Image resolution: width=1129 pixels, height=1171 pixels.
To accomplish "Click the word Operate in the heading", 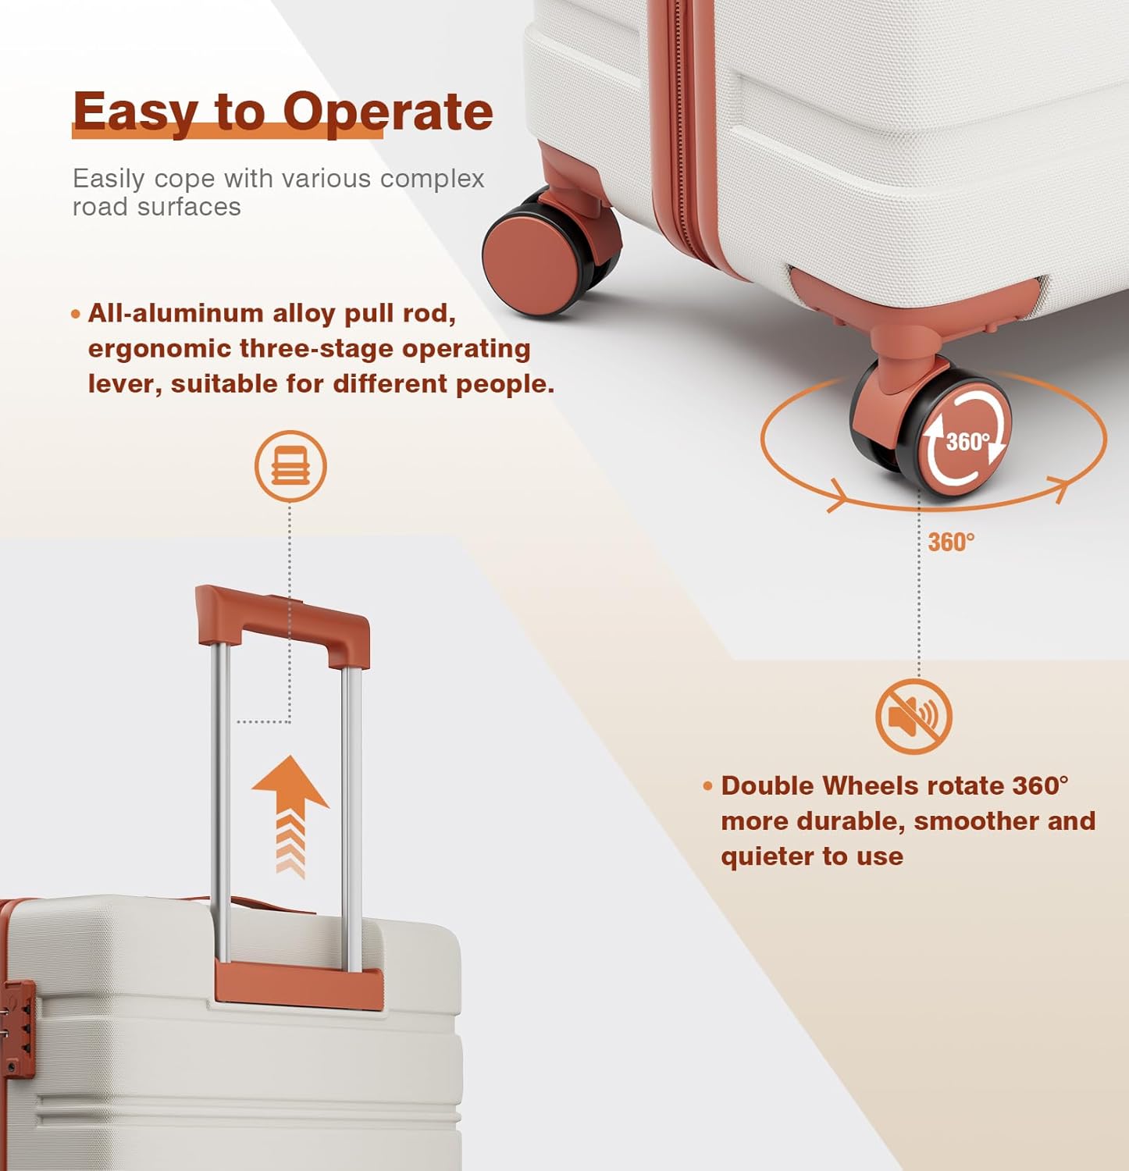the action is point(387,112).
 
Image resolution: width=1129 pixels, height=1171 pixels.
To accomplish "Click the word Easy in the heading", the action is point(134,113).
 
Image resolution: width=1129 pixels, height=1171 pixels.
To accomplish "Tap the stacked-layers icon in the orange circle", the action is point(290,467).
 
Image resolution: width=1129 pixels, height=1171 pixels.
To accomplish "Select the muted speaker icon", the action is point(914,717).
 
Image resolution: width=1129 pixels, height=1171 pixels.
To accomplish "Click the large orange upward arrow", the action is point(290,816).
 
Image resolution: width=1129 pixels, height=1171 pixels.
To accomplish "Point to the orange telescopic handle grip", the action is point(282,625).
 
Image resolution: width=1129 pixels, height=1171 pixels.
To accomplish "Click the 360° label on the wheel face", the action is point(967,442).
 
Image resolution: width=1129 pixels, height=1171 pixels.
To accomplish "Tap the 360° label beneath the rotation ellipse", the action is point(951,542).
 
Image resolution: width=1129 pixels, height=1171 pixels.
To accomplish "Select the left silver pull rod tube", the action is point(222,804).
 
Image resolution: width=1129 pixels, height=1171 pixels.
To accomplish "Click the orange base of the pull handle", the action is point(299,985).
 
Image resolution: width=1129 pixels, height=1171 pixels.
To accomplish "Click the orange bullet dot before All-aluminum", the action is point(76,315).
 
